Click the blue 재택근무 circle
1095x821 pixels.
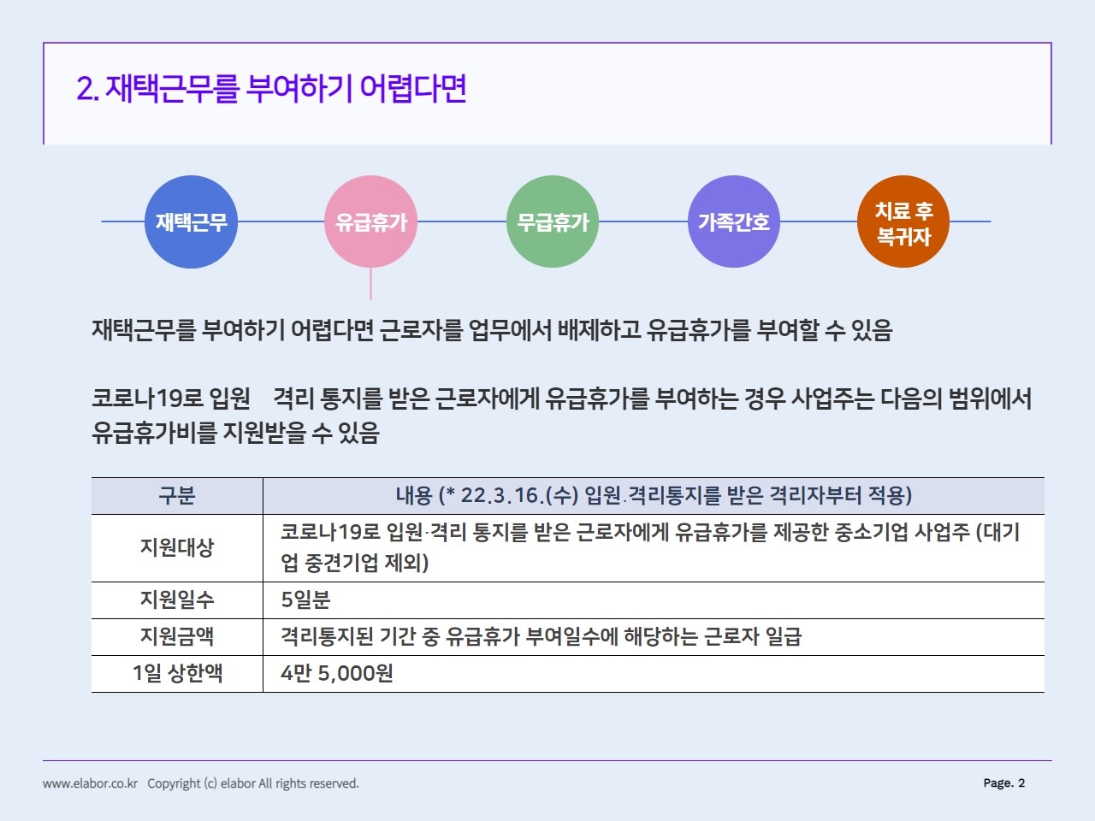click(x=191, y=221)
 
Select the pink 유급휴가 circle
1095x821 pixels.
click(x=370, y=221)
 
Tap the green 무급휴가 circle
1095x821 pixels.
click(x=553, y=221)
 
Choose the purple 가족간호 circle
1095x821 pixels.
click(x=733, y=221)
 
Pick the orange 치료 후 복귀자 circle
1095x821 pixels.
click(x=903, y=221)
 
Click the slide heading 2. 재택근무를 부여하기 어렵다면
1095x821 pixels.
click(x=272, y=89)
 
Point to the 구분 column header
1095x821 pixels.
click(x=177, y=495)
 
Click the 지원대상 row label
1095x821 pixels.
click(x=177, y=547)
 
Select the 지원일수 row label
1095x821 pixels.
click(x=177, y=600)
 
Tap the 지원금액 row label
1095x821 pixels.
click(x=177, y=636)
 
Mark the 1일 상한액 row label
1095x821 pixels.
click(x=177, y=673)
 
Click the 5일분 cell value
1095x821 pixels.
click(x=305, y=600)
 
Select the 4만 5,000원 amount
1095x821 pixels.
click(x=337, y=673)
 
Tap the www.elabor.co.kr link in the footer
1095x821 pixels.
click(x=91, y=783)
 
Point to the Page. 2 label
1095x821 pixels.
click(x=1003, y=783)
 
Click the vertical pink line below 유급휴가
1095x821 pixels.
click(x=370, y=284)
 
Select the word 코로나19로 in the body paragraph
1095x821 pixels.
click(x=147, y=399)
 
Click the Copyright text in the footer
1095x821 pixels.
click(x=253, y=783)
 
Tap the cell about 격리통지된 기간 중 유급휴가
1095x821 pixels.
click(x=541, y=636)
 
